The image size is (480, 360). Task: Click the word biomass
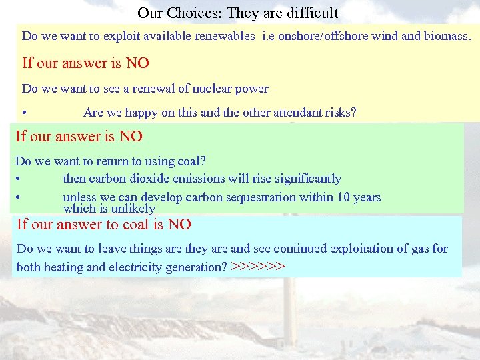(x=447, y=36)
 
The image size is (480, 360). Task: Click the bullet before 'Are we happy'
(x=24, y=113)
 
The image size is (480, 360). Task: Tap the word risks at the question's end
(x=339, y=113)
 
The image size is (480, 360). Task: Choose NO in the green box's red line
(x=131, y=137)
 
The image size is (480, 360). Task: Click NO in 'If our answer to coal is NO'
(x=179, y=225)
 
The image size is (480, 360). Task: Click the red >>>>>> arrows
(x=258, y=267)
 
